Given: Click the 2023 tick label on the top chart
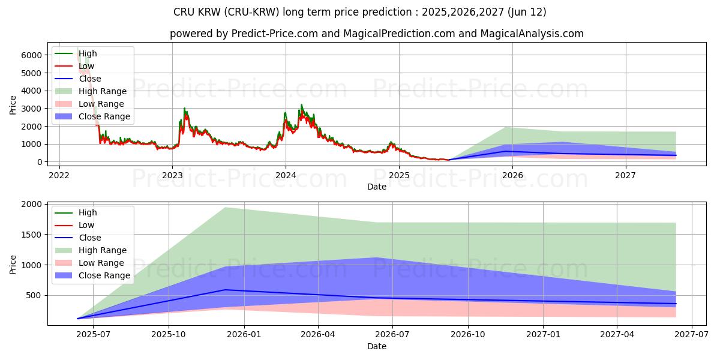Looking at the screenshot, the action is (172, 175).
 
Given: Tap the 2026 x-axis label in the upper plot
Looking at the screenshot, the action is (512, 175).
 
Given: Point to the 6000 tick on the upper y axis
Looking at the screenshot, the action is (31, 55).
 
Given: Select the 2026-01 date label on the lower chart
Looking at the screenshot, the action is (244, 335).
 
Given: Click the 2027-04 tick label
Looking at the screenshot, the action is (617, 335).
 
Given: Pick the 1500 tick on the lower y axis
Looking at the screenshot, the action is (31, 235).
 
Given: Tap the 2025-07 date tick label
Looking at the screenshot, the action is (93, 335).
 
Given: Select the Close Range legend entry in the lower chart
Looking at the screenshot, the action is (92, 275).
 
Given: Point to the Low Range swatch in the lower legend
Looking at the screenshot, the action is (64, 263).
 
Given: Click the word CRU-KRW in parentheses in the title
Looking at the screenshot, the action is (251, 12).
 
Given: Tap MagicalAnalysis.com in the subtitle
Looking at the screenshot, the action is (532, 34).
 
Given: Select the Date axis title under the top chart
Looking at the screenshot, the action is (377, 187).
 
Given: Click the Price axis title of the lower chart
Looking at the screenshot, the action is (13, 265).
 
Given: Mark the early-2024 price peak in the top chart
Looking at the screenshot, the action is (301, 105).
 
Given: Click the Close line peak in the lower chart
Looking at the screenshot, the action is (226, 290).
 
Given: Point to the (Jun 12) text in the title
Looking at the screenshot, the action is (527, 12).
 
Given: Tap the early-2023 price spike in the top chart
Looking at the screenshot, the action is (184, 109).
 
